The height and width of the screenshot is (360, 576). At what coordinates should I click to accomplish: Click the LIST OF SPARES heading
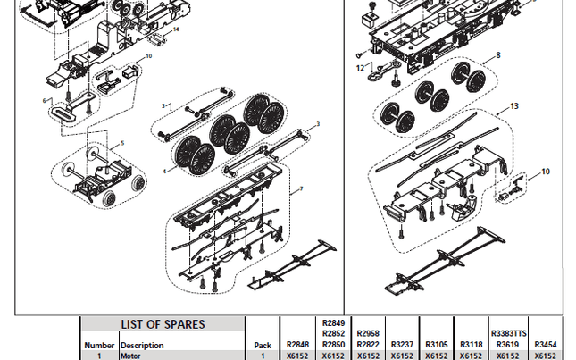(163, 324)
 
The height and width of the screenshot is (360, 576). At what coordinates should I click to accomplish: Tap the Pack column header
(262, 344)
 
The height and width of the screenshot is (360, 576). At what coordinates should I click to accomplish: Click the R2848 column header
(297, 344)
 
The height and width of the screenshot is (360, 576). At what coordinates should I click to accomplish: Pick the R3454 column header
(545, 344)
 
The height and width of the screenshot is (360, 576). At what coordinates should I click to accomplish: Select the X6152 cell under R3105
(437, 355)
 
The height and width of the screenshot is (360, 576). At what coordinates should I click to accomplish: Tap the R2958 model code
(368, 332)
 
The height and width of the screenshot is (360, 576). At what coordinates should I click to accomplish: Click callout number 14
(176, 29)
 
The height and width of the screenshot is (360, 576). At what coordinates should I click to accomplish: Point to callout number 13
(514, 105)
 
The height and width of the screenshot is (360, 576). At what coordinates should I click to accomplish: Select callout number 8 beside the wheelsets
(498, 55)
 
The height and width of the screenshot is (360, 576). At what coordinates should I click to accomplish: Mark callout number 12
(361, 68)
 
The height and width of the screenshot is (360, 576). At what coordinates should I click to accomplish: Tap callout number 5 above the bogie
(122, 143)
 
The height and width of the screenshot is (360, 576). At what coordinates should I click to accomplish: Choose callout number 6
(46, 100)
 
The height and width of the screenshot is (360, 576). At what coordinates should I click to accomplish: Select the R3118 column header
(471, 344)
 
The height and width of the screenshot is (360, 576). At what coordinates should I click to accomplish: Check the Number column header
(99, 344)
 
